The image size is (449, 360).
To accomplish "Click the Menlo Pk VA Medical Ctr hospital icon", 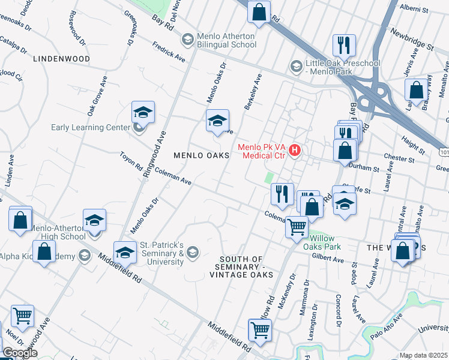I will pyautogui.click(x=295, y=150).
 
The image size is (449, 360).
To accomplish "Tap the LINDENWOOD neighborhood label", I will pyautogui.click(x=61, y=59).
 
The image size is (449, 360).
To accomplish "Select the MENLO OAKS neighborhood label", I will pyautogui.click(x=202, y=155).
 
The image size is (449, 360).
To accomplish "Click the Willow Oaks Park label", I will pyautogui.click(x=325, y=242).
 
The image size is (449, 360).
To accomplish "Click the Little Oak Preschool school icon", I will pyautogui.click(x=295, y=65).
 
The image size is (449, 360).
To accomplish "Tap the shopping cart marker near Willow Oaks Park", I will pyautogui.click(x=297, y=227).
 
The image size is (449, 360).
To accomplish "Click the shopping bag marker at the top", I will pyautogui.click(x=259, y=13).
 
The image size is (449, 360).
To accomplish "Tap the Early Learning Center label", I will pyautogui.click(x=90, y=127).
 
